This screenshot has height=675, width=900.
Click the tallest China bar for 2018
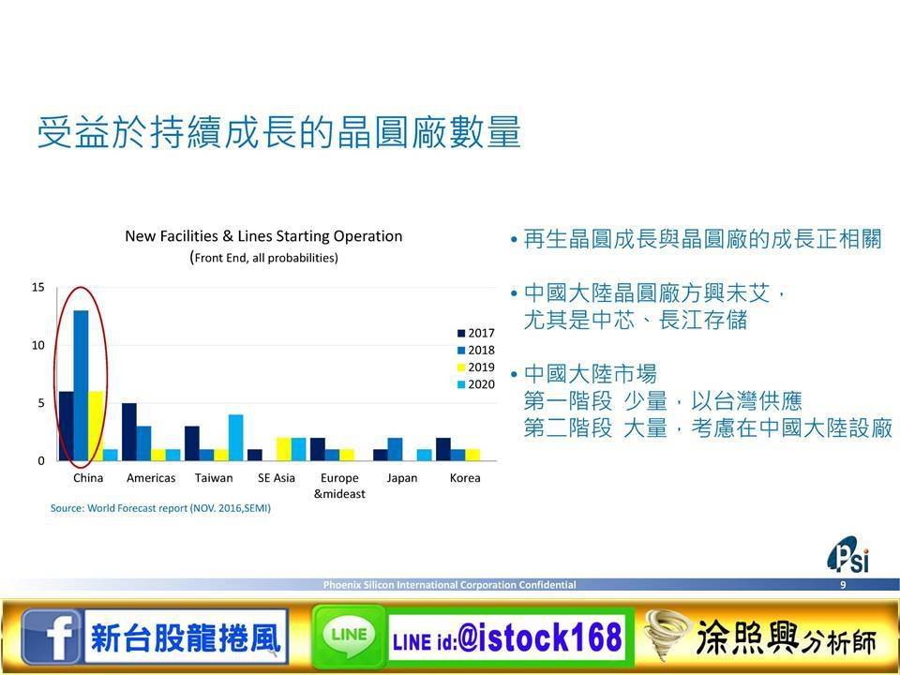[81, 385]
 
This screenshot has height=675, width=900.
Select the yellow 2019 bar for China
[96, 426]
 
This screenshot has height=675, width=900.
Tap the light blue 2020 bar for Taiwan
[235, 438]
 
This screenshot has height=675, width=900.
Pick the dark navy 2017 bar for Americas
[129, 431]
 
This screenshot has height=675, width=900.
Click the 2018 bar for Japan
[395, 449]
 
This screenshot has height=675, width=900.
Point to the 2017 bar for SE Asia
[255, 455]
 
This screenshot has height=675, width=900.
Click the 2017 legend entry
[476, 333]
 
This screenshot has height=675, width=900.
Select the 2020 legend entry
[476, 384]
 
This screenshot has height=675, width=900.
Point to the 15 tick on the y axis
[37, 287]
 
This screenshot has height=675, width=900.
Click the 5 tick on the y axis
[40, 403]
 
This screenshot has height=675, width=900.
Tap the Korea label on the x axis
[465, 477]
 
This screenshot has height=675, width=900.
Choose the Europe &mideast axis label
[339, 486]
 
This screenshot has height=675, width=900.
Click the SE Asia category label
[277, 477]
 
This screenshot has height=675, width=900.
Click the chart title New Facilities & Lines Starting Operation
[264, 236]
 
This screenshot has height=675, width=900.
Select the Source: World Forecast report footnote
[160, 508]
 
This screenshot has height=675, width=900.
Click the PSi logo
[848, 555]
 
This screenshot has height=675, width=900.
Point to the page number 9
[843, 585]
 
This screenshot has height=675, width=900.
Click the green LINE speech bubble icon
[349, 636]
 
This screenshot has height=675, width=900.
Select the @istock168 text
[540, 637]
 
